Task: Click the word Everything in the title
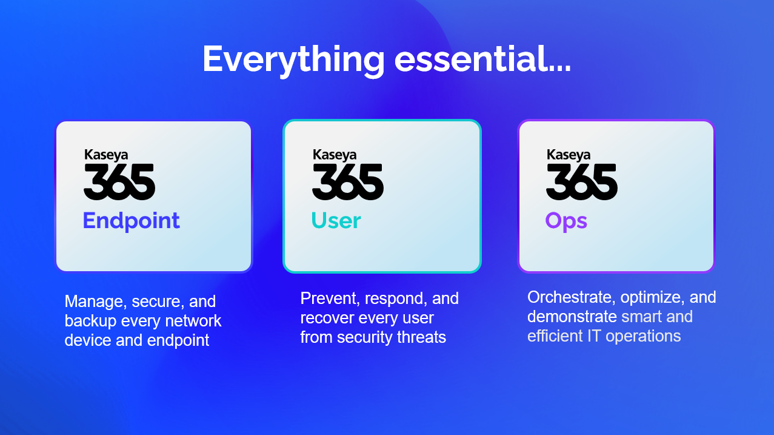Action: [293, 60]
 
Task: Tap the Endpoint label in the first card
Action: [132, 221]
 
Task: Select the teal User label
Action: [336, 220]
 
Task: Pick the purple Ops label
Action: [566, 221]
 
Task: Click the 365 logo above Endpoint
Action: [119, 182]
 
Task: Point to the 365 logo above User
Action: [348, 182]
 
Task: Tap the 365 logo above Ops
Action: [581, 182]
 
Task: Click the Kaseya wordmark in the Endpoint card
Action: [106, 155]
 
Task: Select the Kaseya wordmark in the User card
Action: [335, 155]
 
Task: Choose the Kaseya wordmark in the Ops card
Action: [569, 155]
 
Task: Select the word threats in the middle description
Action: [422, 337]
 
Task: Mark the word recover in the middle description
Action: [319, 318]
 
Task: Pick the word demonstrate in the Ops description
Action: [572, 317]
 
